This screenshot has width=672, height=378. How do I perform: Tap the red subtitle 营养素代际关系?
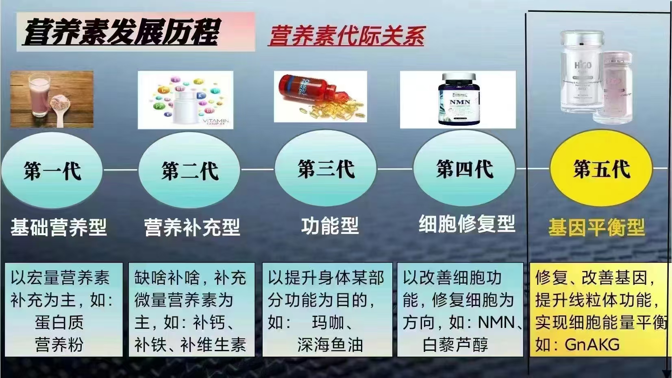(346, 36)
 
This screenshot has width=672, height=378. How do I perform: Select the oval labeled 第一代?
(52, 170)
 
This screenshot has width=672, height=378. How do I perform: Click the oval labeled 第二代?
(189, 170)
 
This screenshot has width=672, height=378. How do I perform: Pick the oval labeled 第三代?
(326, 169)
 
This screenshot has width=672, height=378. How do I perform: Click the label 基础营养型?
(59, 227)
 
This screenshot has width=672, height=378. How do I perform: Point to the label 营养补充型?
(192, 227)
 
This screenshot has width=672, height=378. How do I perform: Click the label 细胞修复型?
(467, 224)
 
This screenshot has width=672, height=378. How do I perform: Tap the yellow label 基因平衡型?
(596, 227)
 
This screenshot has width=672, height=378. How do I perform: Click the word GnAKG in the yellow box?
(592, 345)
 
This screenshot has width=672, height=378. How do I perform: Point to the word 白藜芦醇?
(455, 345)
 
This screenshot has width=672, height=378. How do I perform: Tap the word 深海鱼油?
(330, 345)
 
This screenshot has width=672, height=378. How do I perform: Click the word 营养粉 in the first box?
(59, 345)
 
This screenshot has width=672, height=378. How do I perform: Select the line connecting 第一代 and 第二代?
(121, 170)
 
